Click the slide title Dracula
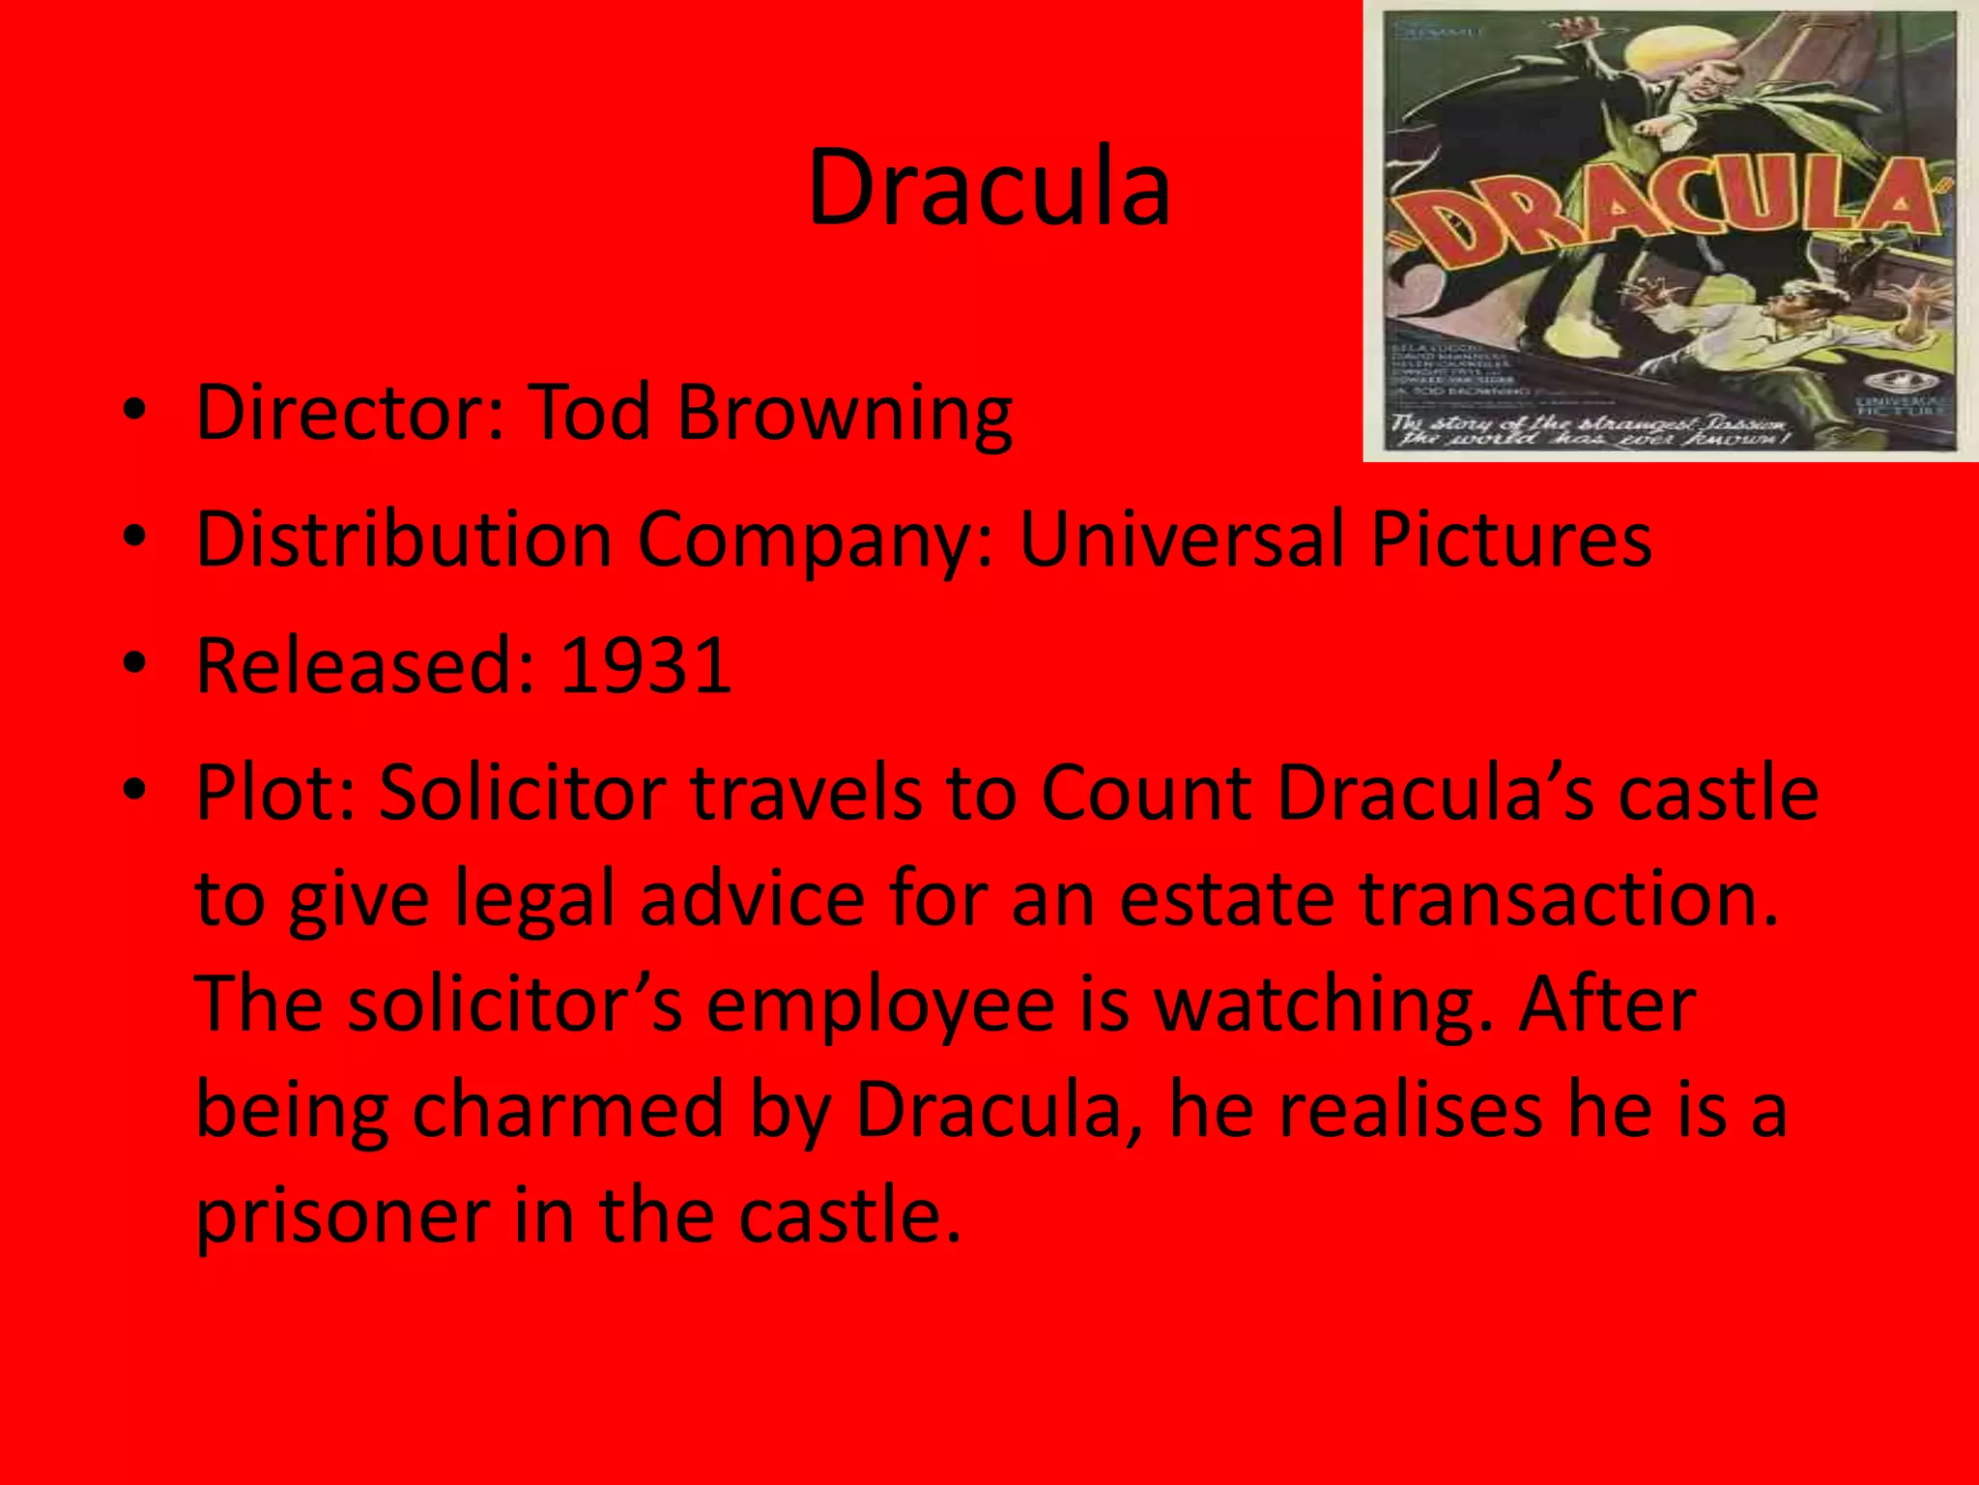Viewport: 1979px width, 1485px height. point(989,188)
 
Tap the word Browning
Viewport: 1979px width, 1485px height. point(845,413)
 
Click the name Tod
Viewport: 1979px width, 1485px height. point(590,413)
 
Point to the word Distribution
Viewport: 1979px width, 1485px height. point(404,539)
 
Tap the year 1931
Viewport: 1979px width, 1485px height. point(645,666)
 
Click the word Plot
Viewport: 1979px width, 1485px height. point(275,793)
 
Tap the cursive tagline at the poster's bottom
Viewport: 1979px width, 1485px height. point(1590,431)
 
